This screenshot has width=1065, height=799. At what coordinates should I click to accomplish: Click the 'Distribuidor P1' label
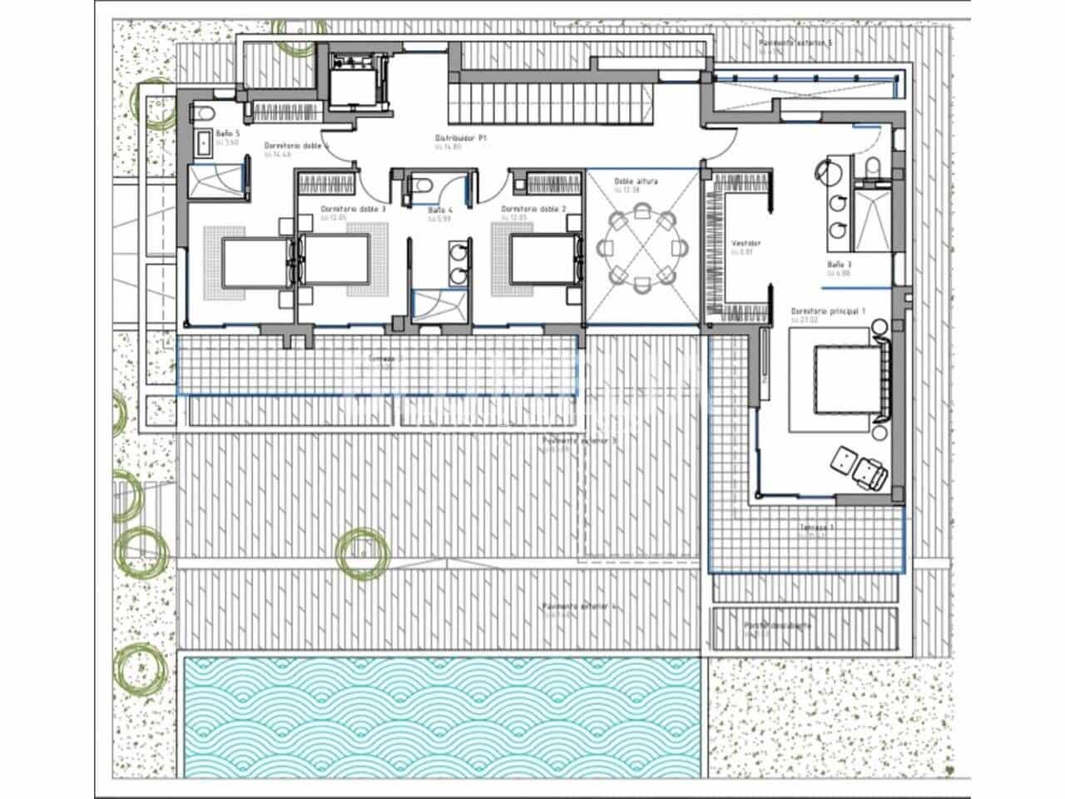[461, 138]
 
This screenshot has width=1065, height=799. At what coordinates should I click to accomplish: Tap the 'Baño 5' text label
[227, 133]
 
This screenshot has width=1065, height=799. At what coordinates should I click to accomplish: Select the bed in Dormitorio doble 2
[542, 260]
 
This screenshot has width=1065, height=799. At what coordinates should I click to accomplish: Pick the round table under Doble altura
[642, 250]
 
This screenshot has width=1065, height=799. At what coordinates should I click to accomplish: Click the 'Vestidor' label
[745, 244]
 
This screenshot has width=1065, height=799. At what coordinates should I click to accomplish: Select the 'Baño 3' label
[839, 264]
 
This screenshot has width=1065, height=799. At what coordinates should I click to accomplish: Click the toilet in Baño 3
[873, 168]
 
